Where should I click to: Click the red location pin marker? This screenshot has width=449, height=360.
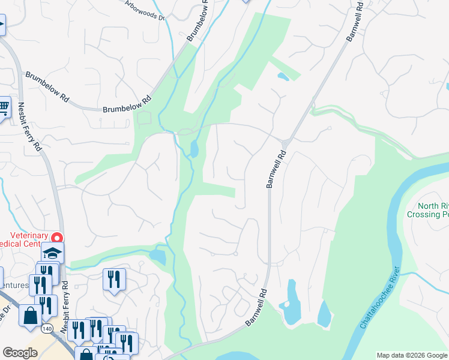(x=58, y=238)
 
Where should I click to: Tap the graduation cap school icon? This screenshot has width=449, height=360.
(x=53, y=252)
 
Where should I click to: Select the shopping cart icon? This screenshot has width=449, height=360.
(x=4, y=108)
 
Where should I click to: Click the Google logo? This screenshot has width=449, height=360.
(x=19, y=353)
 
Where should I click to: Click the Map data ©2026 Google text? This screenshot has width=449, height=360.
(x=411, y=355)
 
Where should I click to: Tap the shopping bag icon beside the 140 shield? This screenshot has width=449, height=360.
(x=29, y=315)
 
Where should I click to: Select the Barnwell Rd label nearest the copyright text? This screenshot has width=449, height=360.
(x=255, y=310)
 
